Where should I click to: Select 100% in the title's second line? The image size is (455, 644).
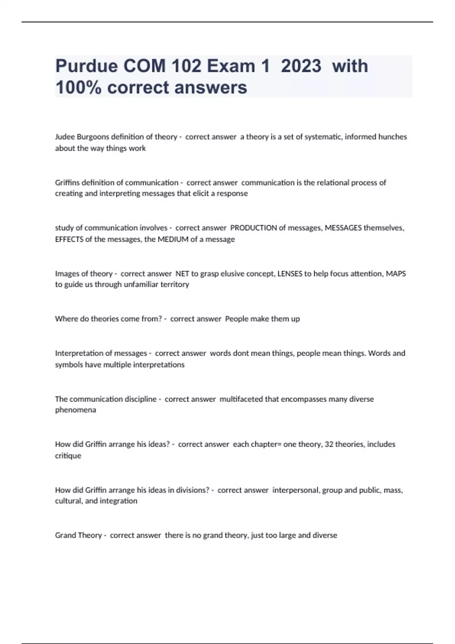point(78,88)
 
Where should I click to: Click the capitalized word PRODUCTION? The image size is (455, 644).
point(254,228)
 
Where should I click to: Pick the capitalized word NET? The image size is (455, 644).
point(182,274)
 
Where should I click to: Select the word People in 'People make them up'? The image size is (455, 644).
point(237,319)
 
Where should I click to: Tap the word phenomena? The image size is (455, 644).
point(75,410)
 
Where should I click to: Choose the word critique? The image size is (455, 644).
point(68,456)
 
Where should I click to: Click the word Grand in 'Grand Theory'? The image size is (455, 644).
point(65,535)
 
